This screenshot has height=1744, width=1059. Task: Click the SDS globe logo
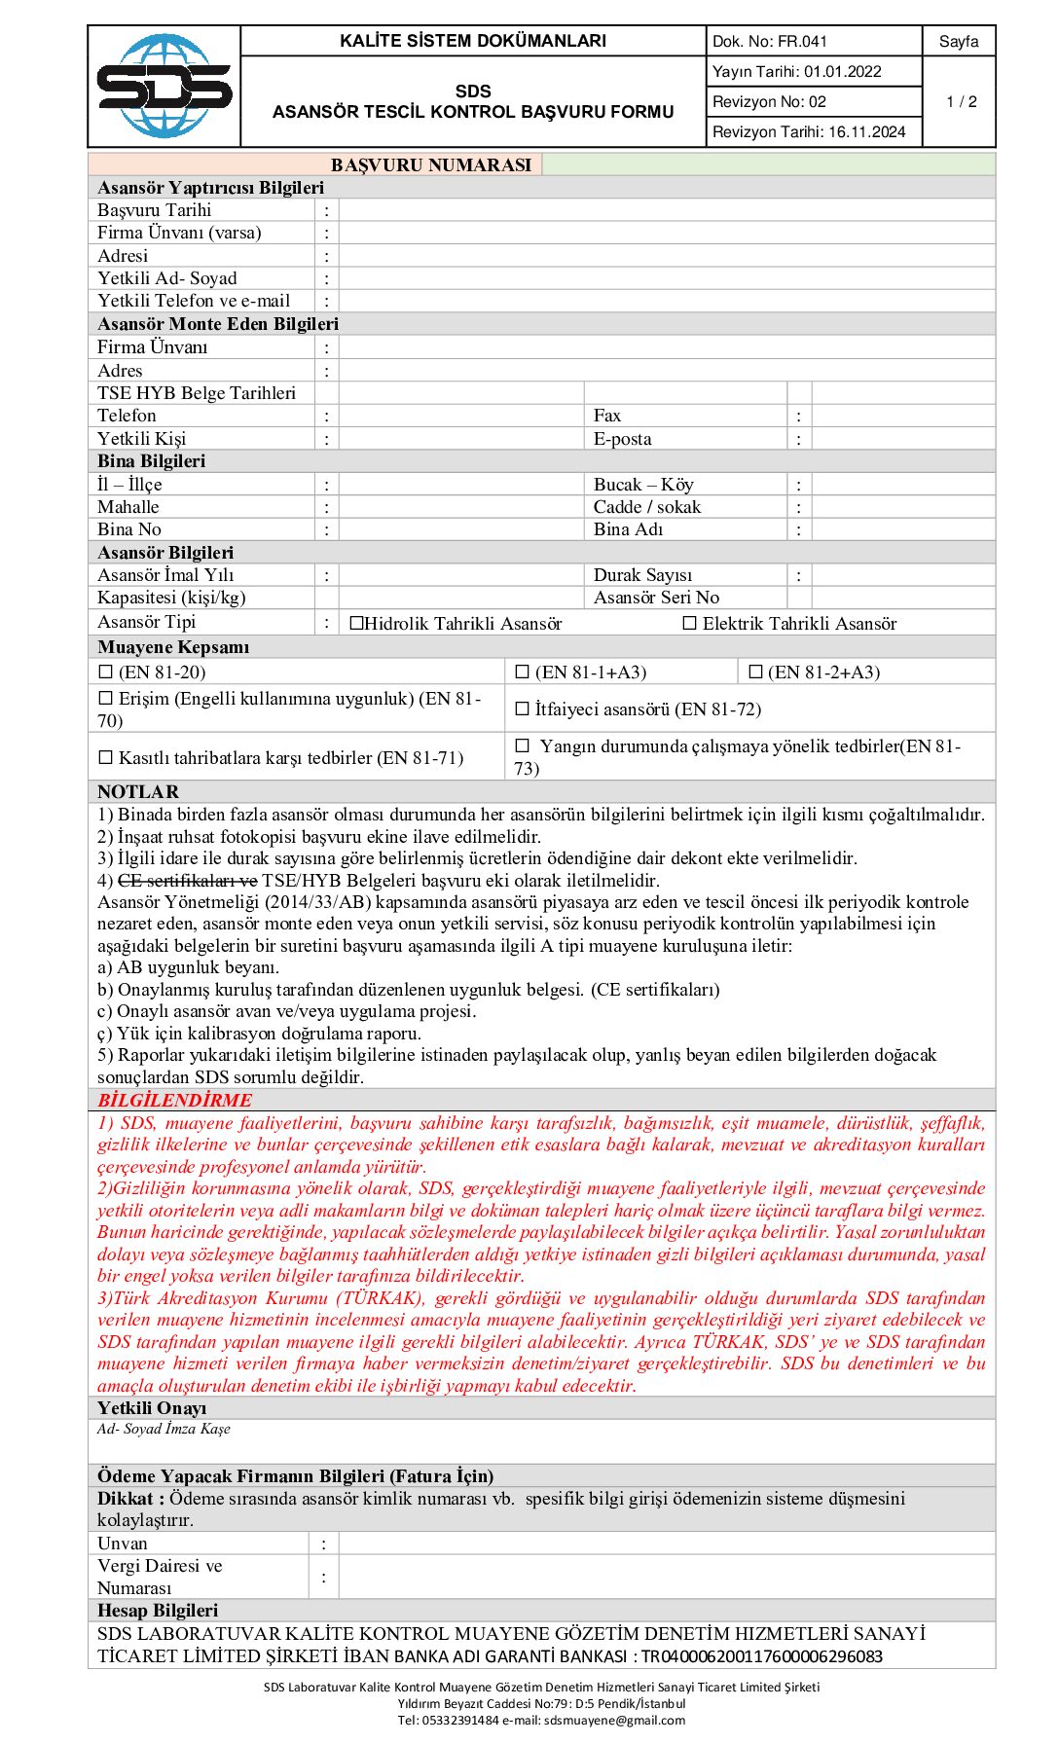pos(164,86)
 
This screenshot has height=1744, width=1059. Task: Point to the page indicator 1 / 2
pos(961,101)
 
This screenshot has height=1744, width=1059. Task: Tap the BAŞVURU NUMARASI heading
pos(431,164)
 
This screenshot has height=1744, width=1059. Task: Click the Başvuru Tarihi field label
pos(155,210)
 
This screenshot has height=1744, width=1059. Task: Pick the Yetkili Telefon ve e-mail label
pos(194,301)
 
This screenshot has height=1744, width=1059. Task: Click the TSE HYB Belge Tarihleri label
pos(197,393)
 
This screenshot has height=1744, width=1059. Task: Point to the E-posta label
pos(623,439)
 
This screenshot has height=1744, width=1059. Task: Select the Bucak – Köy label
pos(643,485)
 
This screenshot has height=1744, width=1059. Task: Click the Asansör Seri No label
pos(656,598)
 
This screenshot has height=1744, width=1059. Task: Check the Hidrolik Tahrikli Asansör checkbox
pos(356,623)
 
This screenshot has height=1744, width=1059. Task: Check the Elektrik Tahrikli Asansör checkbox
pos(690,623)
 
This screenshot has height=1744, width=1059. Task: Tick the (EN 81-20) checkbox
pos(106,672)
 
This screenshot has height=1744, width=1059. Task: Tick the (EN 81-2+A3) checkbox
pos(755,672)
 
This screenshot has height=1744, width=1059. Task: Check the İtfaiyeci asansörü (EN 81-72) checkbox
pos(522,708)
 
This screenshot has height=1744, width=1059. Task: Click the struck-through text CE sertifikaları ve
pos(188,881)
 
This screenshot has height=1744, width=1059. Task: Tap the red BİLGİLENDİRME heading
pos(174,1100)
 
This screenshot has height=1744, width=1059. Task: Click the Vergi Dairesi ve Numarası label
pos(160,1577)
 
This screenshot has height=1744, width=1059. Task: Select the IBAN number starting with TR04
pos(761,1656)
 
